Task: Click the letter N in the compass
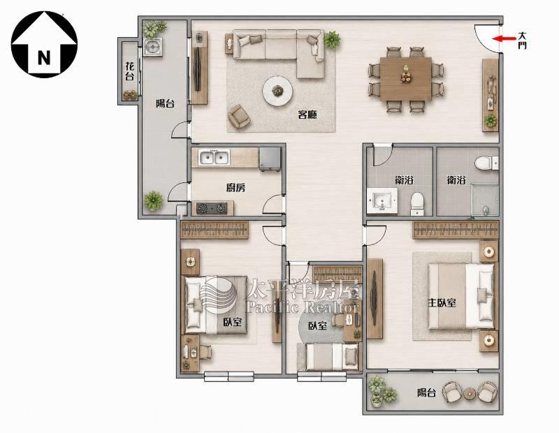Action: point(44,57)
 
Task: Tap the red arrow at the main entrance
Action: point(504,38)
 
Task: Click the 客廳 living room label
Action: point(307,115)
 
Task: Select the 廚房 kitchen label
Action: point(235,187)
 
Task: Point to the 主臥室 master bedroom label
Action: point(442,303)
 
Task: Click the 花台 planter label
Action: point(130,71)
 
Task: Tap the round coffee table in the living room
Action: point(277,91)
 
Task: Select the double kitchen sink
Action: point(215,157)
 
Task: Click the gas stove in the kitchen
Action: point(212,208)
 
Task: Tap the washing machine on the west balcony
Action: point(153,47)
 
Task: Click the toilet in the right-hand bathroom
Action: point(486,163)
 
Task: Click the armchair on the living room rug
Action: point(239,116)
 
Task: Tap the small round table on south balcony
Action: point(470,393)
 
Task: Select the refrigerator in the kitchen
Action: point(270,159)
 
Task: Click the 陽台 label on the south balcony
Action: point(426,392)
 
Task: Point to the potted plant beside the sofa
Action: point(331,39)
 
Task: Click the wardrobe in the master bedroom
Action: point(456,230)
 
